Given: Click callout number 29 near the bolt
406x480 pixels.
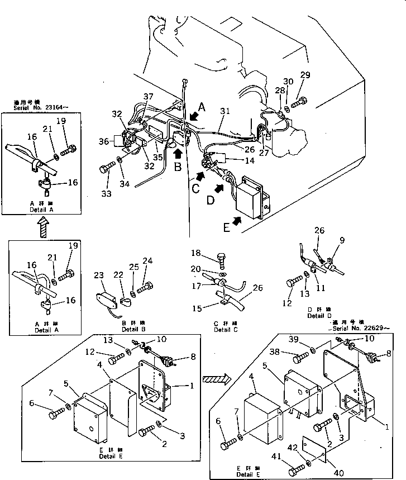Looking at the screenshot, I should tap(304, 75).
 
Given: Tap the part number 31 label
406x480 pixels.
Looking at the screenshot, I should tap(224, 111).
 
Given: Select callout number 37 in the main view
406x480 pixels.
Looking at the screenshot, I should tap(148, 97).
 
